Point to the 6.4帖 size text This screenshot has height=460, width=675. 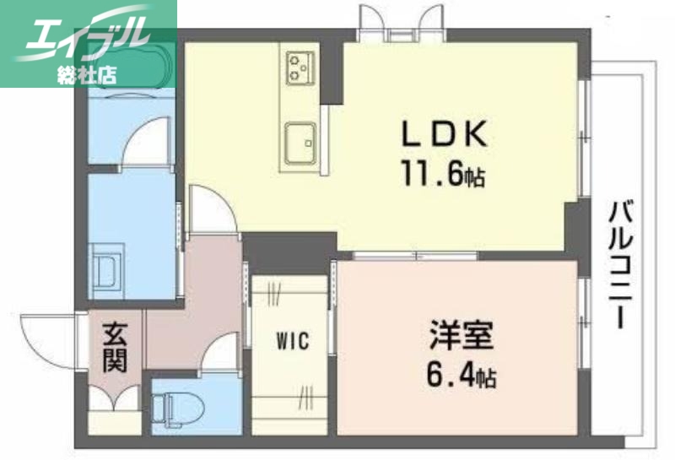coord(459,372)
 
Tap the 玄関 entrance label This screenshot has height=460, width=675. coord(115,349)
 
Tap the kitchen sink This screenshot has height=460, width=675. coord(300,141)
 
